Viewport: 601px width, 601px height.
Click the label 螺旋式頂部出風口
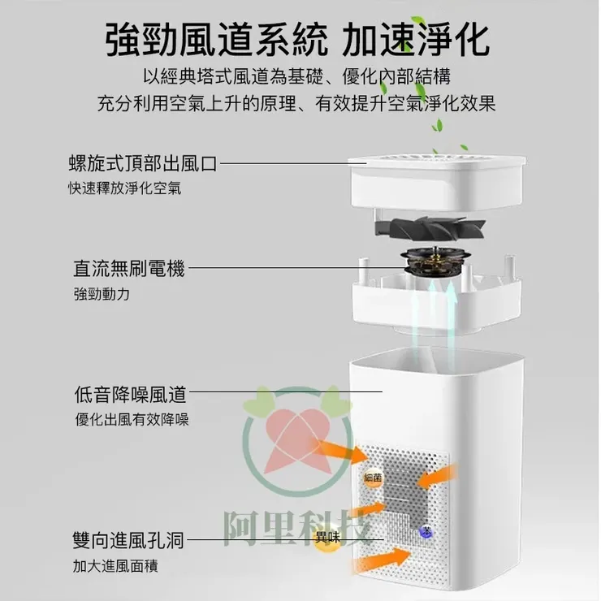(x=143, y=163)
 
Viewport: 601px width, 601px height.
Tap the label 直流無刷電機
(x=129, y=268)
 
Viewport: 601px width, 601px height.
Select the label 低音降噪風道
(x=130, y=396)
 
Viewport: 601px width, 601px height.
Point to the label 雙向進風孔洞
(x=129, y=540)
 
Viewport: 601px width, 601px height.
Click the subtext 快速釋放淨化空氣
(x=124, y=188)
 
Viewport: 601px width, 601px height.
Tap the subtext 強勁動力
(x=101, y=293)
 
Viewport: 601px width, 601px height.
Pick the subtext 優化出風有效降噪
(x=131, y=420)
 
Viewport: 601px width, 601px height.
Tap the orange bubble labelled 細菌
(x=373, y=478)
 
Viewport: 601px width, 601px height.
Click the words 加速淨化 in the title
(x=416, y=39)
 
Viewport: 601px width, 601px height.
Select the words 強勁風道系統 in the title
(x=218, y=39)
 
